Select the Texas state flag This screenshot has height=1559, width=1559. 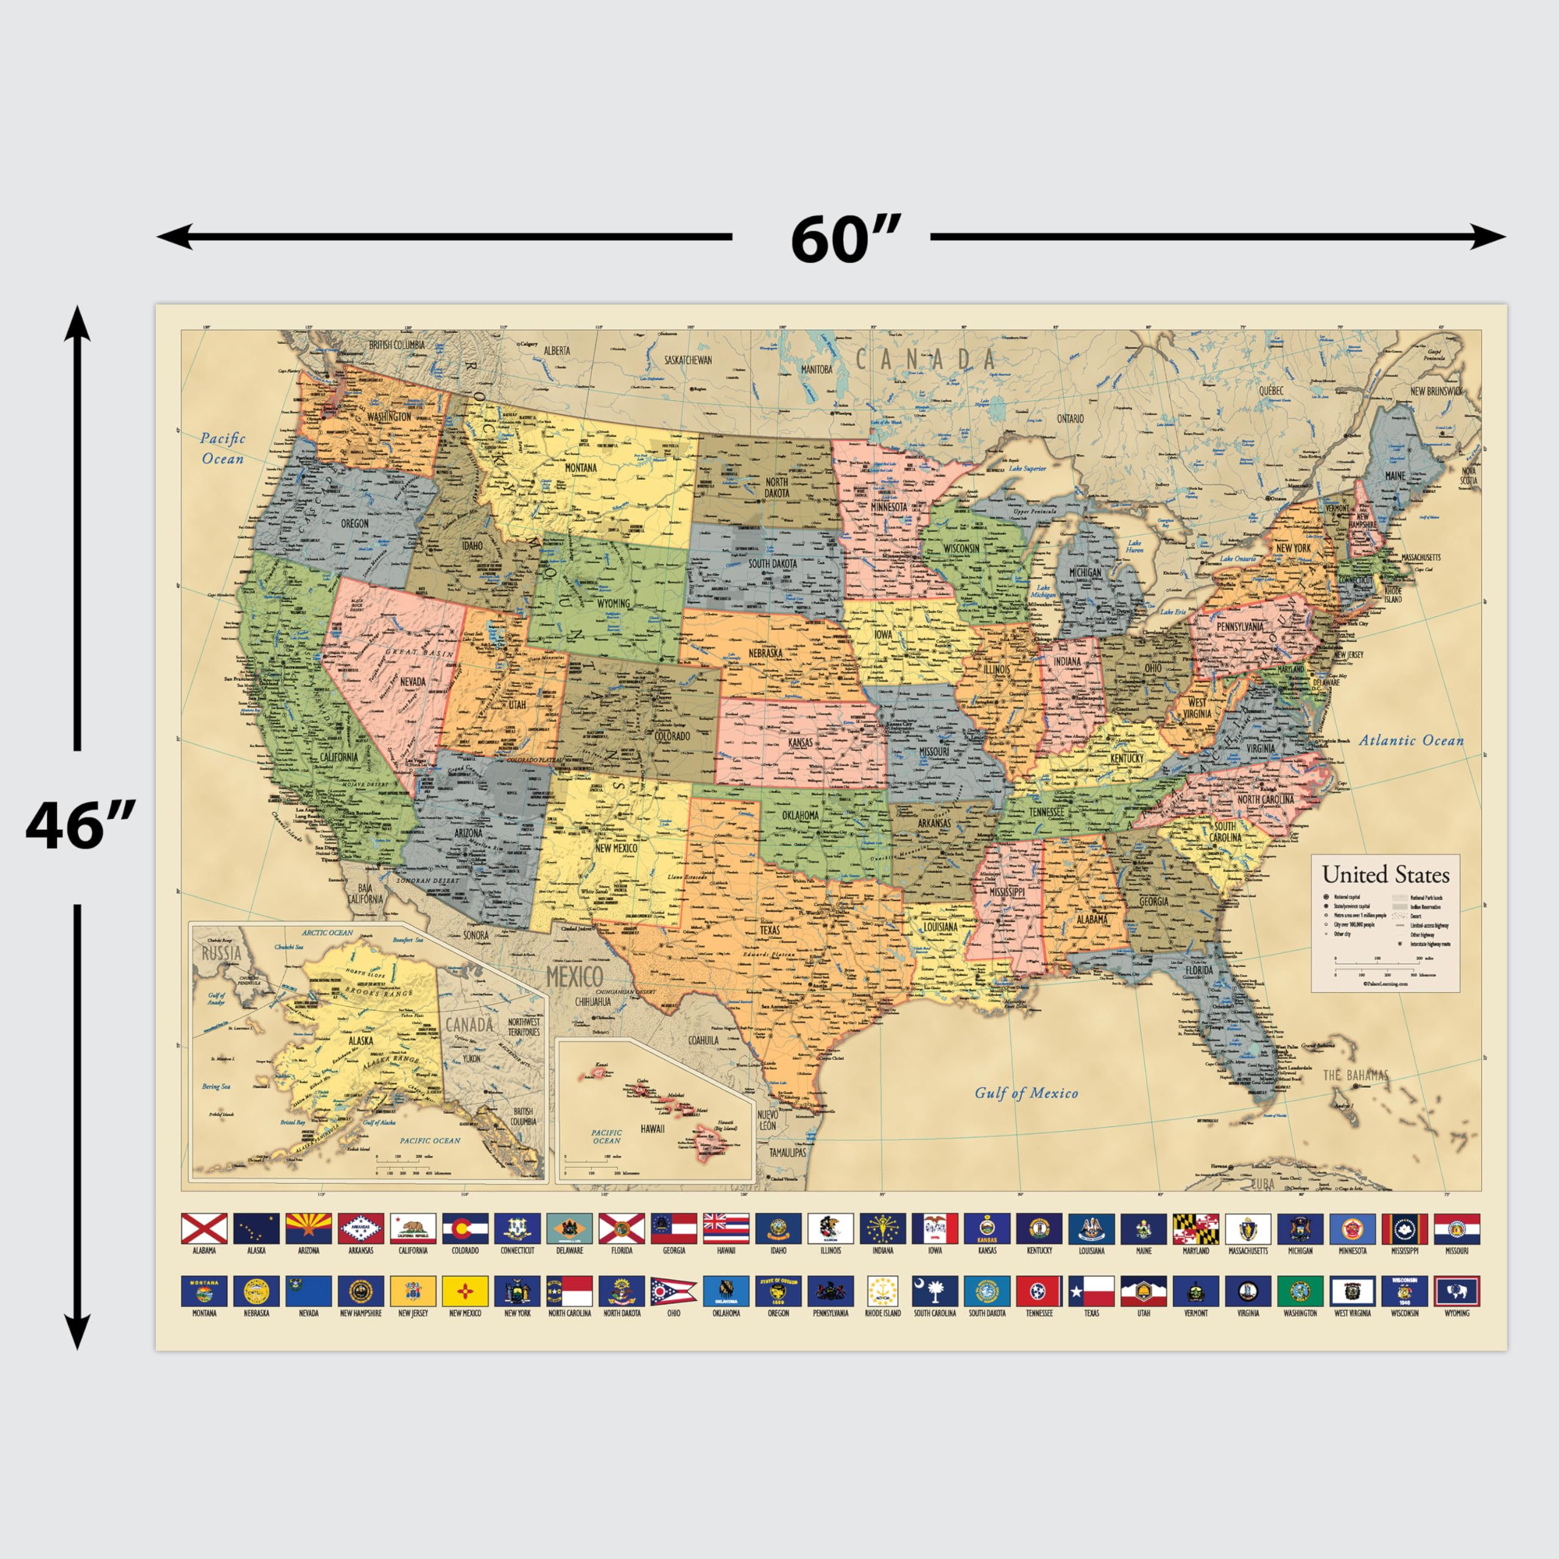click(x=1091, y=1291)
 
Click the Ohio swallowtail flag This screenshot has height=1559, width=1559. click(x=673, y=1291)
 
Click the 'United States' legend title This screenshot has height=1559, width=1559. click(x=1385, y=874)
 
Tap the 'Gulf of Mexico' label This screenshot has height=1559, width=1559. click(x=1026, y=1093)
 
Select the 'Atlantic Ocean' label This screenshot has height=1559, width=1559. click(x=1410, y=740)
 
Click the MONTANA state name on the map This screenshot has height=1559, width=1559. click(x=580, y=467)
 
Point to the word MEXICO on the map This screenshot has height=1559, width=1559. click(x=574, y=976)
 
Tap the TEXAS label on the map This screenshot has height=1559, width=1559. click(x=769, y=929)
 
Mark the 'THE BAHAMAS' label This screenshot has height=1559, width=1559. click(x=1356, y=1075)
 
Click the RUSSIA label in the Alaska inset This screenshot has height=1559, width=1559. click(x=221, y=953)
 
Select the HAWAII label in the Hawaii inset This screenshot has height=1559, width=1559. click(x=652, y=1128)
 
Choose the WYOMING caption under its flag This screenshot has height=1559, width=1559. click(x=1457, y=1313)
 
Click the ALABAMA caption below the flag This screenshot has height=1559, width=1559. click(x=204, y=1250)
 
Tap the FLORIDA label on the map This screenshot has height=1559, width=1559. click(x=1199, y=970)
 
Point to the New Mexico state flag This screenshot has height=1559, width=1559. click(x=465, y=1291)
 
